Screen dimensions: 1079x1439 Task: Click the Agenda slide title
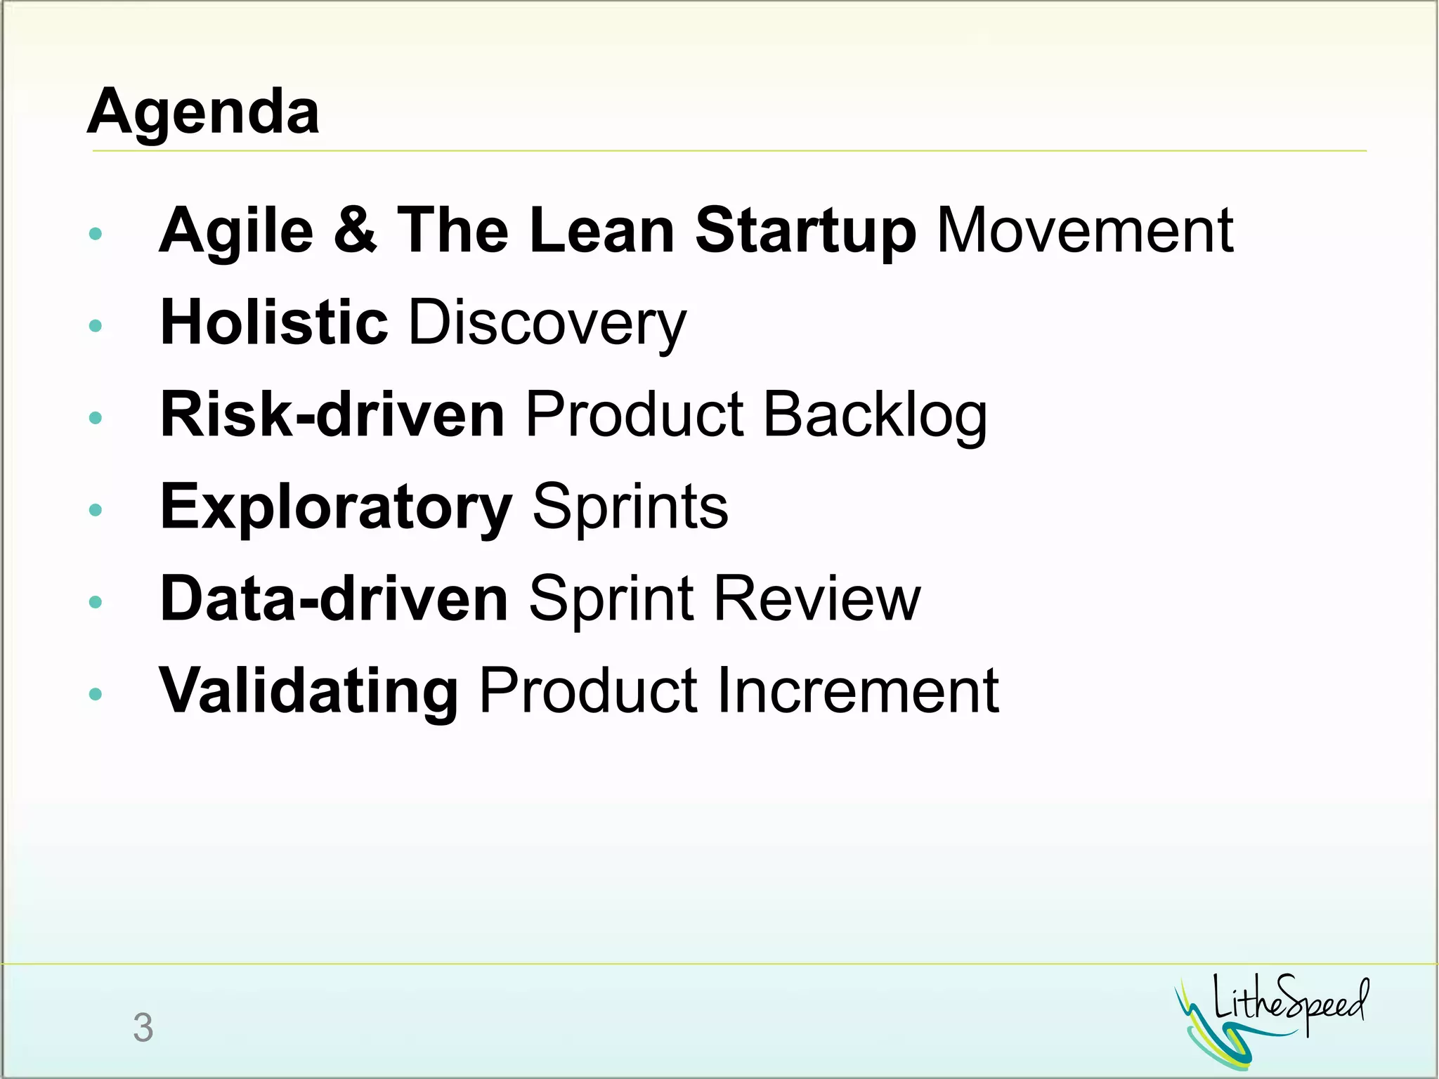coord(204,112)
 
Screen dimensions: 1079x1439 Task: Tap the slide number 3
coord(143,1028)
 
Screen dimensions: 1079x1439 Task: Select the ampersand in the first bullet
coord(355,230)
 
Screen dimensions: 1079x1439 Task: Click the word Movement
coord(1085,230)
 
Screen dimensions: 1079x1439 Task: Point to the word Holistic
coord(274,322)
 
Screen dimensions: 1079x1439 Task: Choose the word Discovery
coord(547,324)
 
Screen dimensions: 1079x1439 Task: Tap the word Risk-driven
coord(332,414)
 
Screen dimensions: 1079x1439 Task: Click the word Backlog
coord(875,416)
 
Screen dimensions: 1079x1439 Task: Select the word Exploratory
coord(336,507)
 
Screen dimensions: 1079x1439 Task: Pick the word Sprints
coord(630,507)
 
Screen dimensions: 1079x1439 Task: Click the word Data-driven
coord(334,599)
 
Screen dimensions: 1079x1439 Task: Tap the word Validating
coord(309,691)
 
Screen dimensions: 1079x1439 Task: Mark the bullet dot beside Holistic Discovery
coord(96,325)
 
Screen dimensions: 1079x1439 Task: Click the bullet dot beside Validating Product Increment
coord(96,694)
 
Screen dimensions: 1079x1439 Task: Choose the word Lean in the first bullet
coord(601,230)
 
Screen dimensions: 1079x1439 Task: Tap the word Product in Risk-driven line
coord(634,414)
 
